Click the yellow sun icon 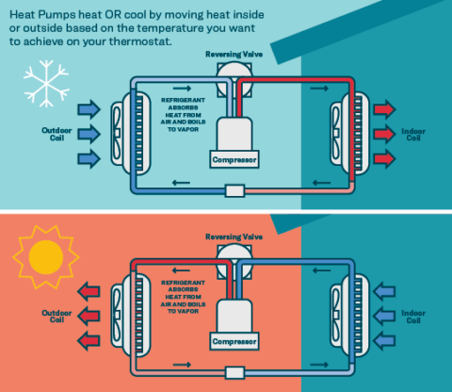tap(41, 257)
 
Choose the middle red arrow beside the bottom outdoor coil tap(89, 313)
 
